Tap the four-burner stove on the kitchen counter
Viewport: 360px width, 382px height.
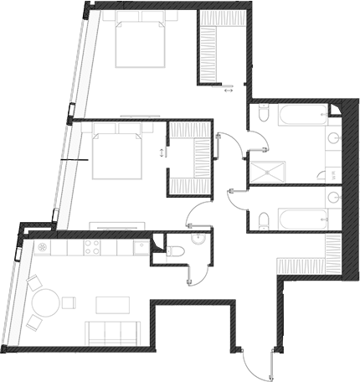pyautogui.click(x=91, y=248)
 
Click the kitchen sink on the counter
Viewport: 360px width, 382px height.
pyautogui.click(x=139, y=248)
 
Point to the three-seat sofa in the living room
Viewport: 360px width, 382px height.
pyautogui.click(x=111, y=333)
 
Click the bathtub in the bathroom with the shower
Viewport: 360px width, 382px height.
pyautogui.click(x=294, y=117)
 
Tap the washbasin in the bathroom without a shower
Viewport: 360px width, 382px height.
pyautogui.click(x=333, y=199)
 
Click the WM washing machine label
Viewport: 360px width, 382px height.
pyautogui.click(x=332, y=175)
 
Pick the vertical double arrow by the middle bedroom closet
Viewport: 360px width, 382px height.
pyautogui.click(x=159, y=152)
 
